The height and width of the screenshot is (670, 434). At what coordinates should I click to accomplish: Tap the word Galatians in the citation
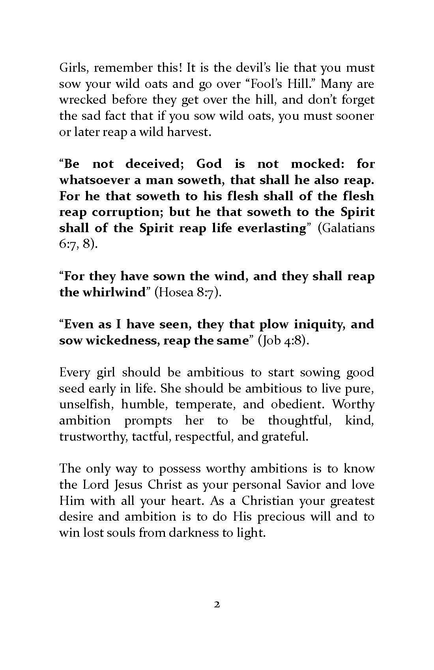click(346, 228)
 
